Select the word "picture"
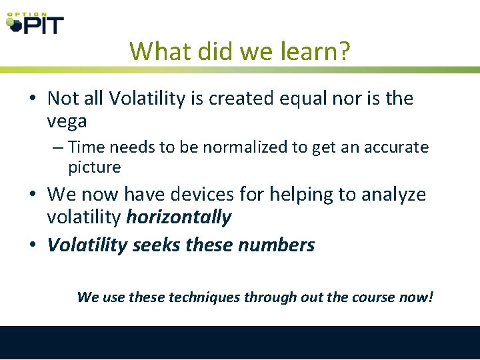(x=94, y=167)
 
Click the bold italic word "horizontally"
(x=179, y=217)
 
